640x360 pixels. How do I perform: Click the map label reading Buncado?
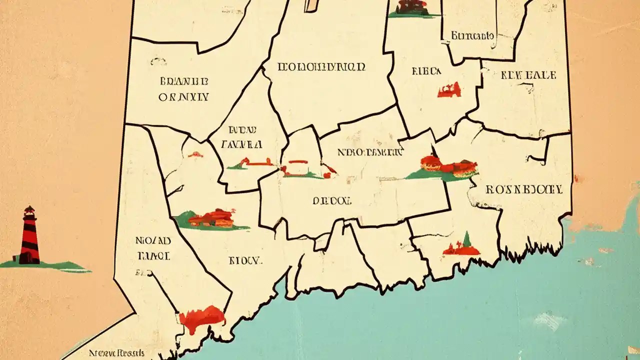tap(472, 35)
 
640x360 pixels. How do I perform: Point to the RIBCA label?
tap(426, 71)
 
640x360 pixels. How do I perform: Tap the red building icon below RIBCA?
tap(449, 90)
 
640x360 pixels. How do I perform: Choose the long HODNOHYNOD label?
tap(321, 66)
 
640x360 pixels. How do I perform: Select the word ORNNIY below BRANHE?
tap(183, 97)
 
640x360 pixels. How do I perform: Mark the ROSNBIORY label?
tap(524, 189)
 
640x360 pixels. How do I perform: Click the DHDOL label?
tap(332, 200)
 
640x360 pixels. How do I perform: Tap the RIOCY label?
tap(245, 260)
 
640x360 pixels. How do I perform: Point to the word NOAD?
tap(153, 240)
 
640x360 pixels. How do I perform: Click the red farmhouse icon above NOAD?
tap(213, 218)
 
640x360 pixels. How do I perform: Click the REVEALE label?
tap(528, 75)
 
